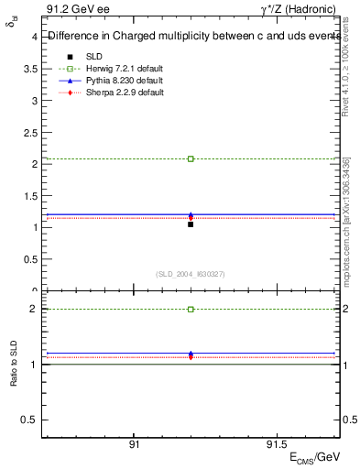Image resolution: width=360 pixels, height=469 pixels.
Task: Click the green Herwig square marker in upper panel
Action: pyautogui.click(x=191, y=158)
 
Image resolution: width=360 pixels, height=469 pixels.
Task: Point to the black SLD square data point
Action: pyautogui.click(x=191, y=224)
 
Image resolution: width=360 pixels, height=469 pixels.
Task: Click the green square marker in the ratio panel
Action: pyautogui.click(x=191, y=310)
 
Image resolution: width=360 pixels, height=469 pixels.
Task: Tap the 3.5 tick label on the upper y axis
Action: pyautogui.click(x=29, y=69)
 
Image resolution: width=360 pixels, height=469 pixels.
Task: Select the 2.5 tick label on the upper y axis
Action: pyautogui.click(x=29, y=132)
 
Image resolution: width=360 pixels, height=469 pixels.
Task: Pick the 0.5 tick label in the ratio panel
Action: pyautogui.click(x=29, y=420)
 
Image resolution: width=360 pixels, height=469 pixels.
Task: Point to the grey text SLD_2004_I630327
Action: pyautogui.click(x=191, y=274)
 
